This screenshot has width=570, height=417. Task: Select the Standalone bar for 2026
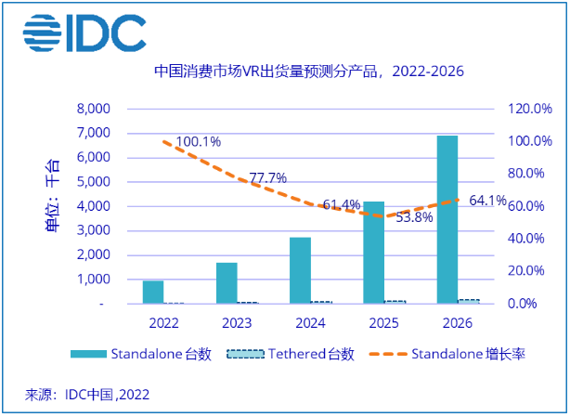tap(447, 219)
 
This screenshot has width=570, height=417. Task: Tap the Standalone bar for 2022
tap(153, 292)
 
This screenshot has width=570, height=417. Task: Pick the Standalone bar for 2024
tap(300, 270)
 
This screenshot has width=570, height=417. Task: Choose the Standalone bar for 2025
tap(374, 252)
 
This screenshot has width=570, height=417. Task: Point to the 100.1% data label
tap(197, 142)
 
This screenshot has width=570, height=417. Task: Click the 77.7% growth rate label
tap(267, 177)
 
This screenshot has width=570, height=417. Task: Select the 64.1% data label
tap(486, 200)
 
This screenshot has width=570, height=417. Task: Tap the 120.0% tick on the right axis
tap(529, 109)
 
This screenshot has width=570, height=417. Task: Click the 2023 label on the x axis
tap(236, 324)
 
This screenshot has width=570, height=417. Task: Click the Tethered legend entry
tap(290, 354)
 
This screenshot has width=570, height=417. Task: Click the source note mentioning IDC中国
tap(87, 394)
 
